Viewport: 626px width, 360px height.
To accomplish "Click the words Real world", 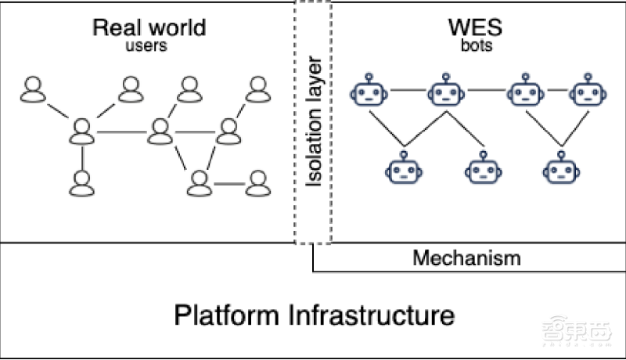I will (x=149, y=28).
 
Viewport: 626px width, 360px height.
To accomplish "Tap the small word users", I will (x=148, y=46).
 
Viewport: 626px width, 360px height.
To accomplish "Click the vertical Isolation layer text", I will (x=313, y=121).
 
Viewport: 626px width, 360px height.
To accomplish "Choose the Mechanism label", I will (x=467, y=257).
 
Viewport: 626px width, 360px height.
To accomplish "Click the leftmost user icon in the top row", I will (x=33, y=90).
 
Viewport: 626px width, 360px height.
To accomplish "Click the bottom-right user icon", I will (x=257, y=183).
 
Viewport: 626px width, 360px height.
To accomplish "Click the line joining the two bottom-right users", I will (x=228, y=184).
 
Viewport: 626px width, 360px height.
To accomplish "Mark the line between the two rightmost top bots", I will (x=557, y=90).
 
